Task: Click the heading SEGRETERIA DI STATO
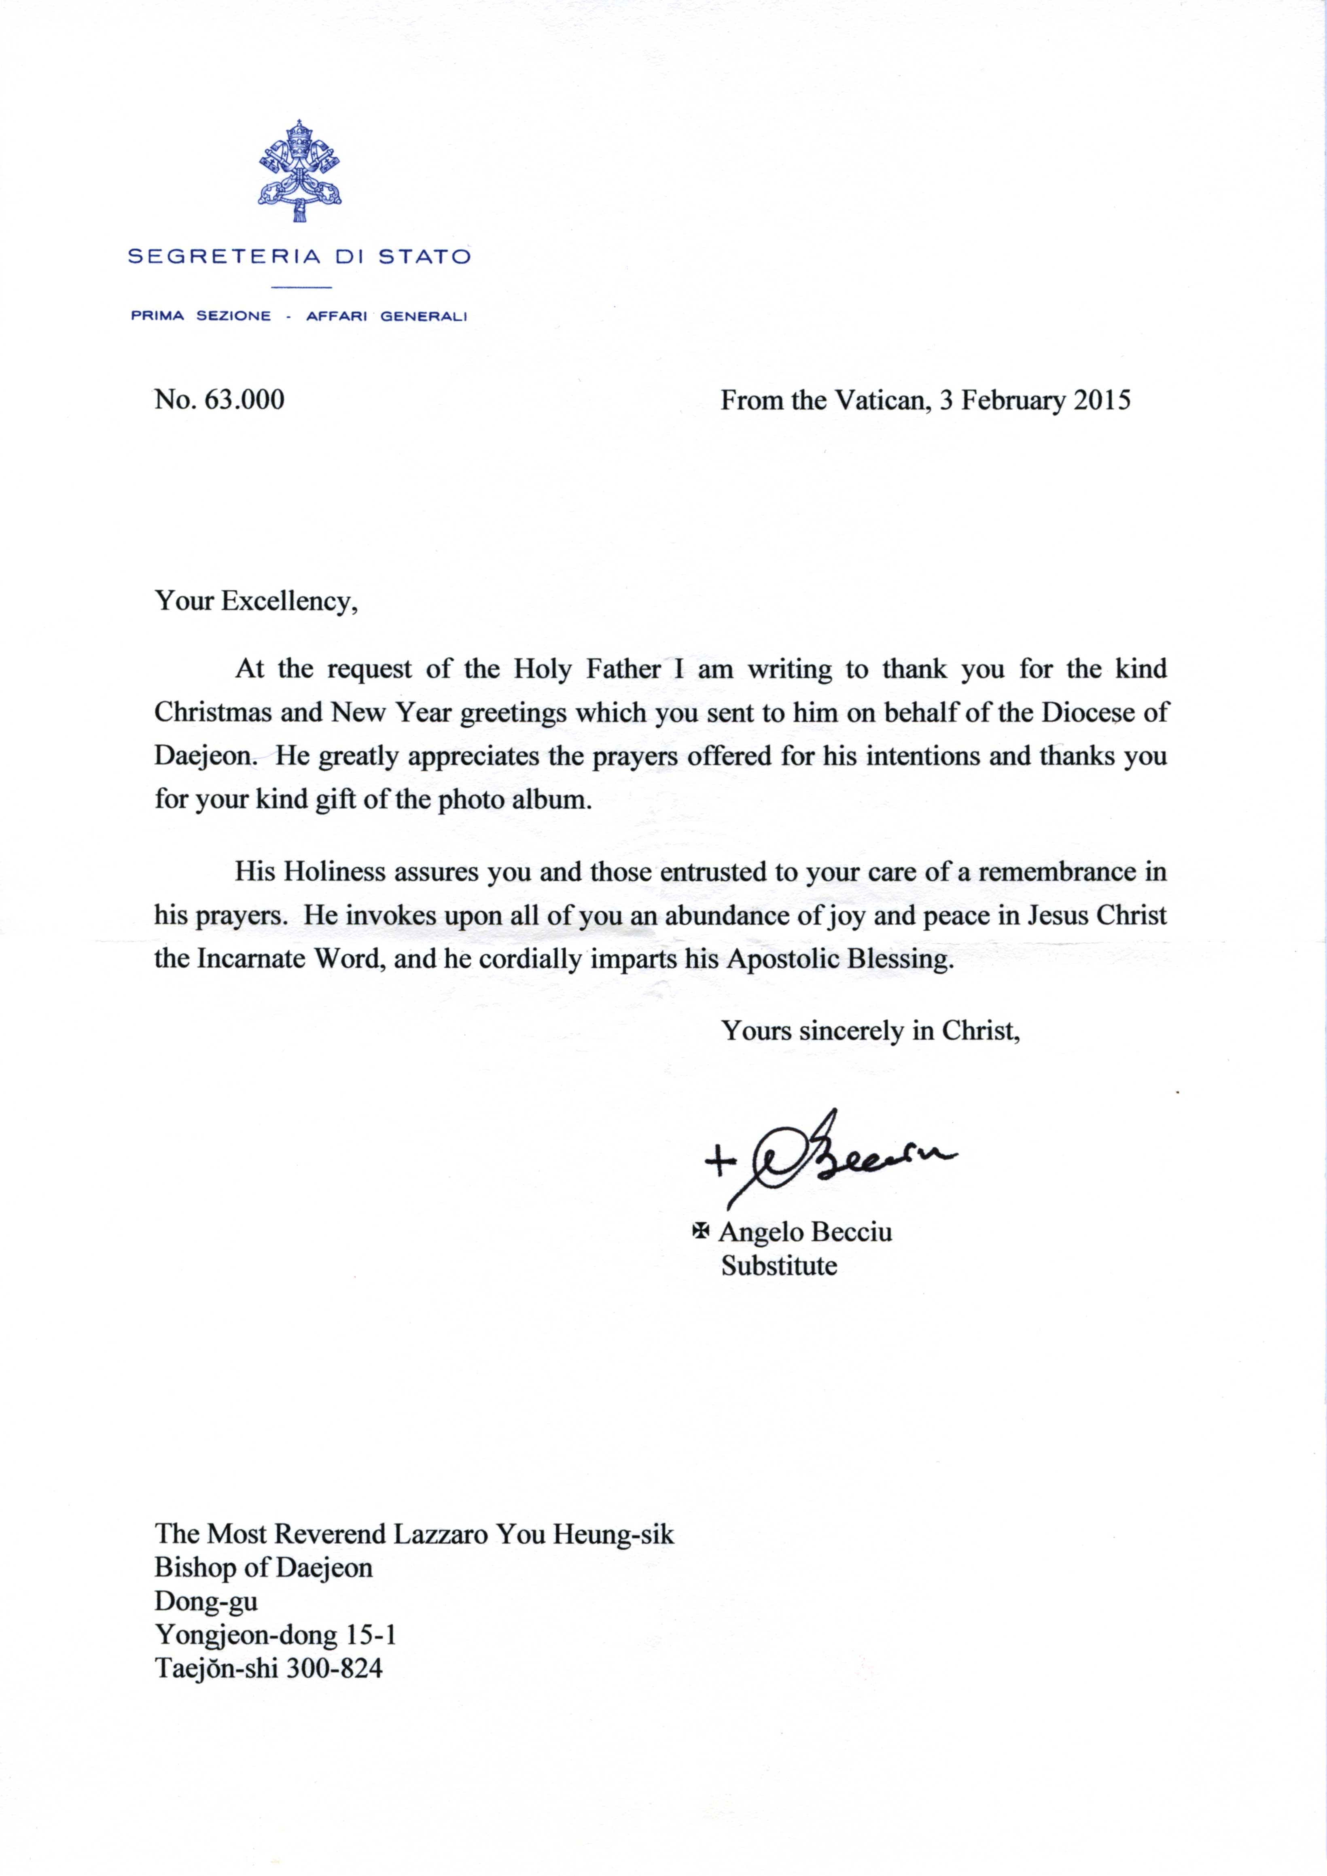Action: (x=299, y=257)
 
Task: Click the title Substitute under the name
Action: (x=779, y=1265)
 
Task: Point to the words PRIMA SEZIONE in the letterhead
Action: (x=201, y=317)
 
